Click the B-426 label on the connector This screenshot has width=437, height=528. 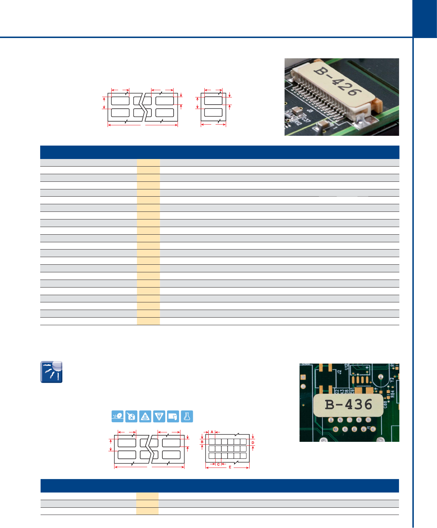tap(338, 81)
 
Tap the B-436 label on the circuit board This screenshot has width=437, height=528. tap(348, 405)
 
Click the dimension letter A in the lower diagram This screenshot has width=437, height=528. tap(212, 432)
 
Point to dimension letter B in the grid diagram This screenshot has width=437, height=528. tap(202, 442)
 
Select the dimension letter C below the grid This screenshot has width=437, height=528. tap(218, 464)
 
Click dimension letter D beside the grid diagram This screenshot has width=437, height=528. tap(253, 443)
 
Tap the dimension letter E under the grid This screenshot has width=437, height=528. tap(230, 467)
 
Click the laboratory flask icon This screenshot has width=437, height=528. tap(187, 416)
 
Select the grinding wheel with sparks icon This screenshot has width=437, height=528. tap(118, 416)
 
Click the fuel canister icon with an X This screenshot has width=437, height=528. tap(132, 416)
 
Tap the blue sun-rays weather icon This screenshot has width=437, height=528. tap(51, 372)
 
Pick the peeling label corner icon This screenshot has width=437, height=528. tap(173, 416)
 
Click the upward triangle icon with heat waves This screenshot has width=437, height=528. tap(145, 416)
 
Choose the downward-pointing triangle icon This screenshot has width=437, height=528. tap(159, 416)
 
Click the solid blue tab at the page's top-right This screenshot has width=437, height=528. tap(425, 19)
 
